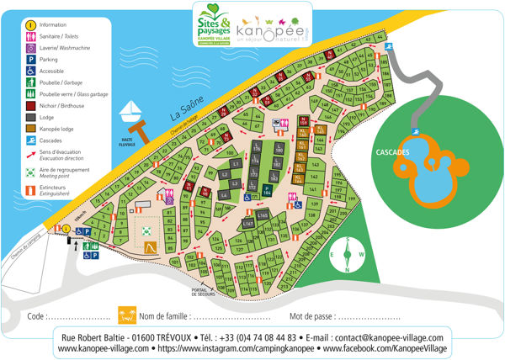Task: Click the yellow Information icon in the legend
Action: tap(29, 25)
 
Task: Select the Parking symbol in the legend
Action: tap(29, 60)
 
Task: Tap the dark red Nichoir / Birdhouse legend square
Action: tap(29, 106)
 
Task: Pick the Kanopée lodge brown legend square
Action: tap(29, 130)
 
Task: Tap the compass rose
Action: tap(346, 255)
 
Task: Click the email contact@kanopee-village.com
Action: tap(380, 336)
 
